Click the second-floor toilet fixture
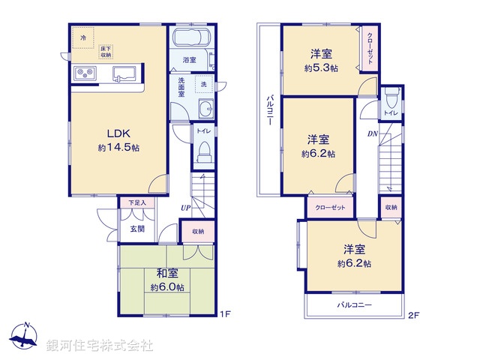[390, 100]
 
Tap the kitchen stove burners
[84, 73]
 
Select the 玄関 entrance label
[136, 229]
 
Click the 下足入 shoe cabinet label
[136, 202]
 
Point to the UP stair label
[185, 208]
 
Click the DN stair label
[372, 134]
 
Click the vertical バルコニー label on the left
[268, 111]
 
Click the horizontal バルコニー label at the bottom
[354, 305]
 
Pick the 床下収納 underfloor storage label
[106, 52]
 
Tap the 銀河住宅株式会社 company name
[100, 346]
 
